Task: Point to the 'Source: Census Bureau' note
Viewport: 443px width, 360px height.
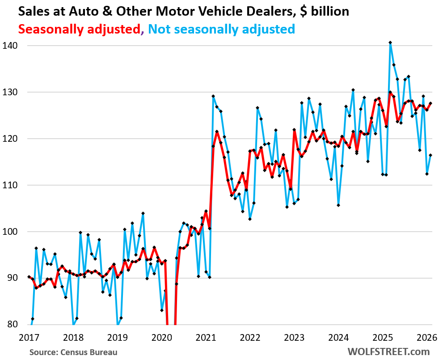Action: [73, 352]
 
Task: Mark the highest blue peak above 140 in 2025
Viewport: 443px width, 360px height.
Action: [390, 42]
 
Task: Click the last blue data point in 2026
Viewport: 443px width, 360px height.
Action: [430, 155]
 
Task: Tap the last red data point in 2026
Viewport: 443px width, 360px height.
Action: [430, 103]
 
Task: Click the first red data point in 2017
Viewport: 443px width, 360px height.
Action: [29, 277]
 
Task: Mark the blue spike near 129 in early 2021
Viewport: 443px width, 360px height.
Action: [213, 96]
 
